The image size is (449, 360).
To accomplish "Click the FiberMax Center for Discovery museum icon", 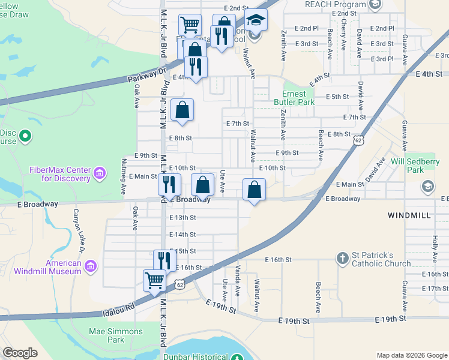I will click(100, 175).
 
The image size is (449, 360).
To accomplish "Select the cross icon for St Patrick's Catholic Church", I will click(342, 258).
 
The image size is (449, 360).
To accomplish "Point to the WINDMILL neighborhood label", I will click(409, 214).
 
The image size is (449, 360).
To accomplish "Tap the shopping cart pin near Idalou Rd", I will click(154, 280).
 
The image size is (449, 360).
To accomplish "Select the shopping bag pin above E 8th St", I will click(182, 110).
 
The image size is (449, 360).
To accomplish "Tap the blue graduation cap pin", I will click(256, 20).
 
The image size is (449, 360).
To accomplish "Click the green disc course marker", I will click(25, 137).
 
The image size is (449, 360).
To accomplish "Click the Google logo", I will click(20, 353).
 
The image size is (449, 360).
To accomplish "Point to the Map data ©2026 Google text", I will click(412, 355).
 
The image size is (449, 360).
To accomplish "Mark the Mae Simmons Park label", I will click(116, 335).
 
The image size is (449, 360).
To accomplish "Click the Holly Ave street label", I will click(435, 243).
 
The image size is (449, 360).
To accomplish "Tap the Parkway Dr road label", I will click(146, 76).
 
